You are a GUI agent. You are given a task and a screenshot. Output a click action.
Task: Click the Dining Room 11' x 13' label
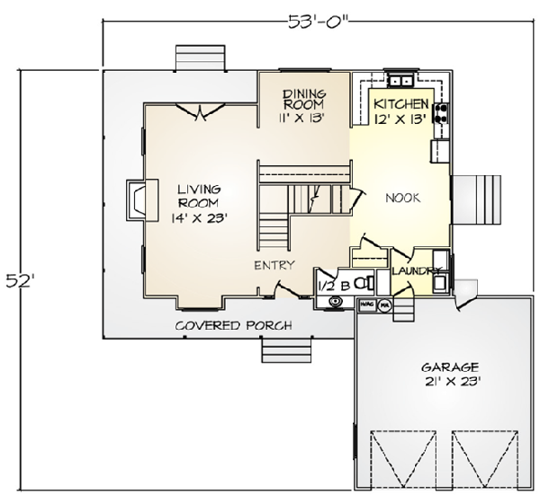[x=303, y=104]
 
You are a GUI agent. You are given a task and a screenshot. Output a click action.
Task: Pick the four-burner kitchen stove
[x=442, y=113]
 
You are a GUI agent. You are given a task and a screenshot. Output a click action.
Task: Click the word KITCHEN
[x=401, y=104]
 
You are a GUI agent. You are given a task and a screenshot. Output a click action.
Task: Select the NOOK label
[x=404, y=196]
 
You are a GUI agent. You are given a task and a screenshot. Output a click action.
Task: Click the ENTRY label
[x=273, y=265]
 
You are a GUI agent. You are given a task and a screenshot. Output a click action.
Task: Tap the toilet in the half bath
[x=363, y=282]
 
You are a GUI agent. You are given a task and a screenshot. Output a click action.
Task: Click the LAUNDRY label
[x=415, y=270]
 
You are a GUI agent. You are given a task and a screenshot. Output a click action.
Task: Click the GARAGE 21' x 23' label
[x=449, y=374]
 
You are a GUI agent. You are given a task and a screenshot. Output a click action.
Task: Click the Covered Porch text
[x=232, y=325]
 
